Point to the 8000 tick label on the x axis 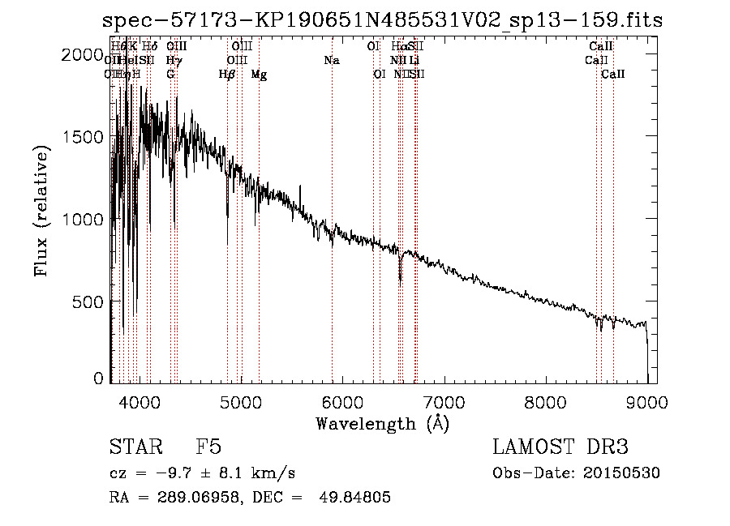(545, 400)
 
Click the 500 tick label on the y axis (89, 301)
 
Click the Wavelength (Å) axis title (382, 423)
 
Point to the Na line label (332, 61)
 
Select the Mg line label (259, 75)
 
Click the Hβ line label (227, 75)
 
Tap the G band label (170, 75)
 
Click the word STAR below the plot (134, 448)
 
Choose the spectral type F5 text (208, 448)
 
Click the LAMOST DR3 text (560, 448)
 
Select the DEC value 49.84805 (357, 498)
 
